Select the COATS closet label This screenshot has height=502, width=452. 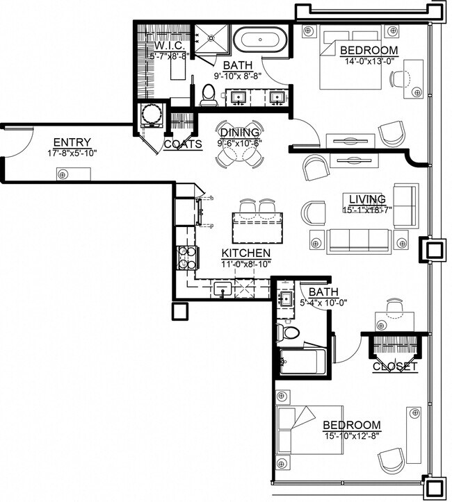(x=182, y=144)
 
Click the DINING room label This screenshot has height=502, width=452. (x=239, y=133)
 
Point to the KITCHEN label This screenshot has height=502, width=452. (x=245, y=253)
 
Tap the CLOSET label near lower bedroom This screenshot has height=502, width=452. (x=395, y=366)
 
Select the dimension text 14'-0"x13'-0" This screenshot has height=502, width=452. (x=369, y=60)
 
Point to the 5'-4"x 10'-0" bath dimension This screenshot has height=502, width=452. (x=325, y=302)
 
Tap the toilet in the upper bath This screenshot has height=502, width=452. (x=209, y=96)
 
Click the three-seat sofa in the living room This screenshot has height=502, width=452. (x=358, y=241)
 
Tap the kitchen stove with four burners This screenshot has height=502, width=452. (x=187, y=257)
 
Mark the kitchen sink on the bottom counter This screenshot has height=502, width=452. (x=224, y=287)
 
